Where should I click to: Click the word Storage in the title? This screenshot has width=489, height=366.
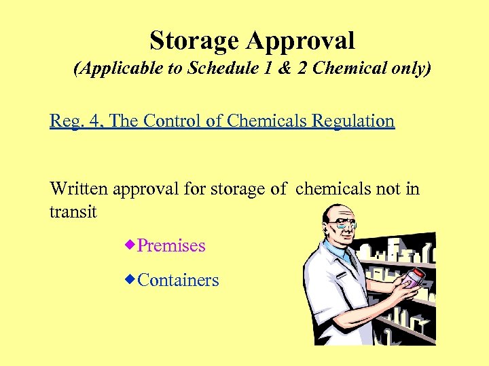pyautogui.click(x=194, y=41)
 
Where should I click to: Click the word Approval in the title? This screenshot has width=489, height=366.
pyautogui.click(x=300, y=41)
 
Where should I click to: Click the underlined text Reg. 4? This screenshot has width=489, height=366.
pyautogui.click(x=76, y=121)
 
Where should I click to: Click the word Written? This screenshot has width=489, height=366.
pyautogui.click(x=79, y=188)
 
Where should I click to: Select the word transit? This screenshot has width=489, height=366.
pyautogui.click(x=73, y=212)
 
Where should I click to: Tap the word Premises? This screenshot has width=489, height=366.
pyautogui.click(x=171, y=245)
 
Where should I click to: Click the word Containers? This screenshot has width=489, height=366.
pyautogui.click(x=178, y=280)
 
